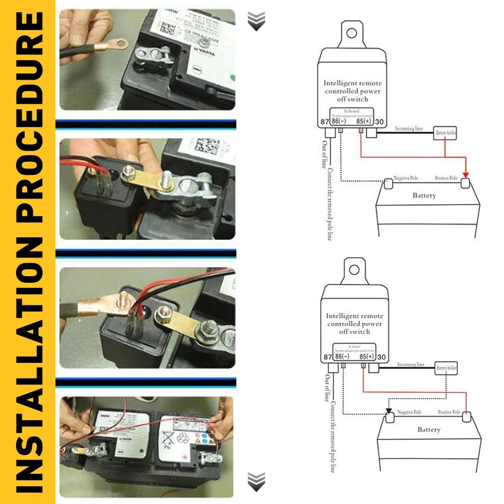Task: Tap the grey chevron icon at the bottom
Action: click(257, 482)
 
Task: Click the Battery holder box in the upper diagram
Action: click(445, 133)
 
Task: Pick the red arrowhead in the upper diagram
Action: click(465, 174)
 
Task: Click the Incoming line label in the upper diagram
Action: click(409, 129)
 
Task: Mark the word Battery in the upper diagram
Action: click(424, 196)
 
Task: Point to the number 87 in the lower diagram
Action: click(327, 357)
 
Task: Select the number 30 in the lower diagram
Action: click(382, 357)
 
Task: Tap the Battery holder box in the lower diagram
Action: click(446, 368)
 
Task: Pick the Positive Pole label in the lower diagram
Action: click(449, 413)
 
